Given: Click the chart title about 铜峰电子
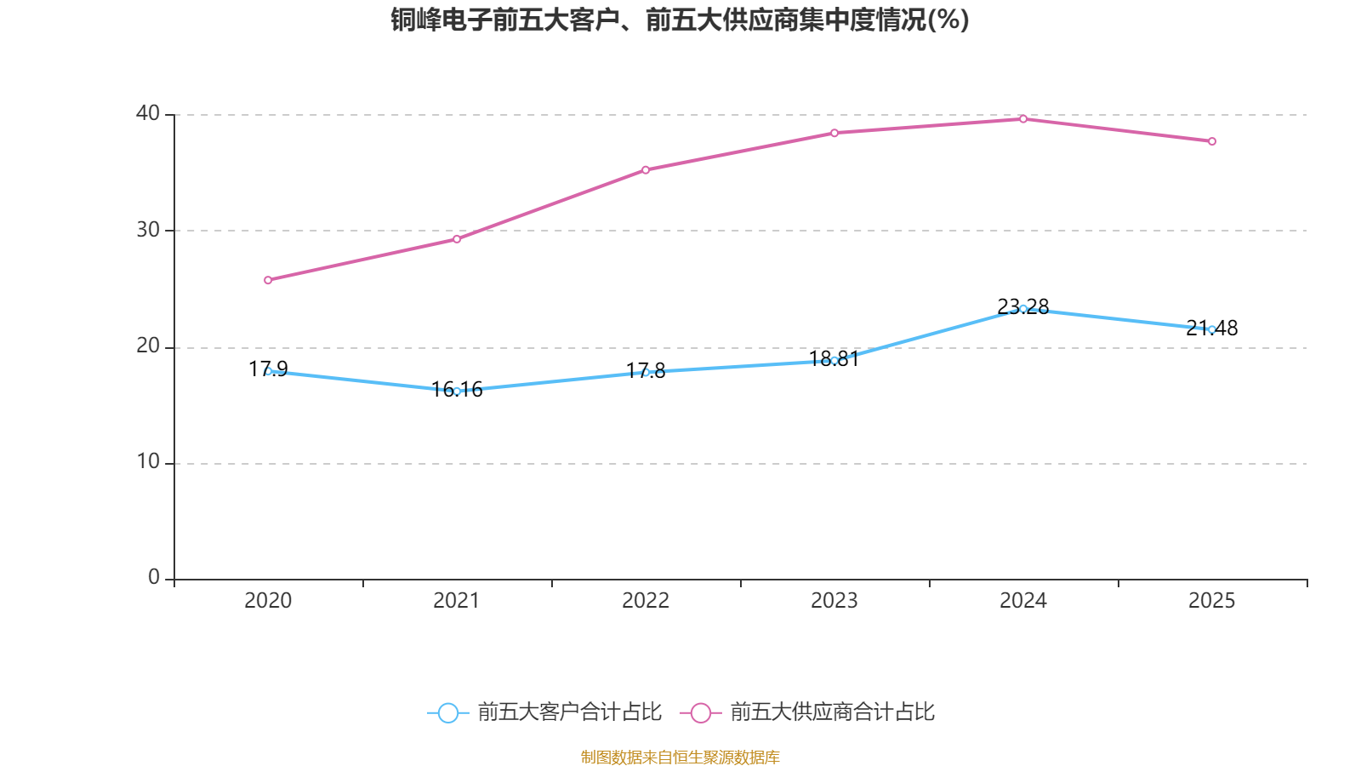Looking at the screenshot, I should [x=680, y=20].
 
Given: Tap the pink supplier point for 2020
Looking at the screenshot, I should [x=268, y=280].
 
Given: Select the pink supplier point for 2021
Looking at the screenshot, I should [x=457, y=239].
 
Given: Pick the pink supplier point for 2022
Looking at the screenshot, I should [x=646, y=170].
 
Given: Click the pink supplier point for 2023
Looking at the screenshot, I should [x=834, y=133].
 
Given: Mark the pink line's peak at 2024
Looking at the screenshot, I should [x=1023, y=119].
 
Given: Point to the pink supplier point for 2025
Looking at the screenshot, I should [x=1212, y=141].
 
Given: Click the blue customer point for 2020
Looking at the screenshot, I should [x=268, y=371].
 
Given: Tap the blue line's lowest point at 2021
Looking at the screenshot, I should [x=457, y=392].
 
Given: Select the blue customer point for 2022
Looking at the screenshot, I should [x=646, y=373].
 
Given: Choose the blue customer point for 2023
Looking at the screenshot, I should [x=834, y=361].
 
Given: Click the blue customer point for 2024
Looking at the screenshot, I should [x=1023, y=309].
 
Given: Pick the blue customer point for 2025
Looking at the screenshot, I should [x=1212, y=329].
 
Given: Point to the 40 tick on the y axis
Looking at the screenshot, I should [x=148, y=113].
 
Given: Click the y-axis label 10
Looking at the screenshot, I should [x=148, y=462].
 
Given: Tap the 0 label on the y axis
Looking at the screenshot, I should [x=154, y=578].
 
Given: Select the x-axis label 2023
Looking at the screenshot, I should [x=834, y=601].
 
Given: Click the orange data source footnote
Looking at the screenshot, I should [x=680, y=757].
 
